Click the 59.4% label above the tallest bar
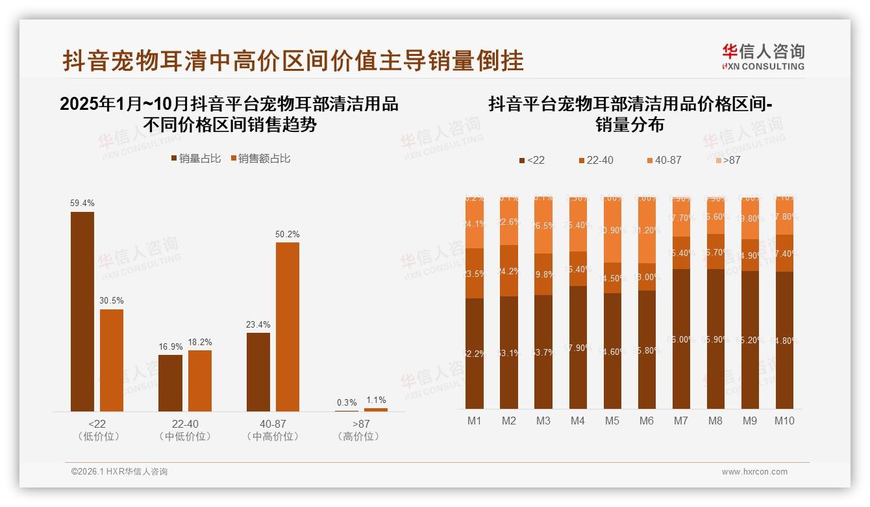click(x=82, y=203)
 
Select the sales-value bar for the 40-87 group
click(x=288, y=326)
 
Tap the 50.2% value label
click(x=288, y=234)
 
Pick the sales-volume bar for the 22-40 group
click(x=170, y=383)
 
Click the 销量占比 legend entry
click(x=195, y=159)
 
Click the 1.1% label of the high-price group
click(x=375, y=400)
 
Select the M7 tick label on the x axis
click(x=680, y=421)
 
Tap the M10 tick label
click(x=784, y=421)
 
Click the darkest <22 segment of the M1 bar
click(x=475, y=353)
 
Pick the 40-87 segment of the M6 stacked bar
click(x=647, y=230)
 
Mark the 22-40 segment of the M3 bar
click(x=543, y=274)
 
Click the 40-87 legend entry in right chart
click(x=663, y=160)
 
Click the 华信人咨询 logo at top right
click(x=763, y=57)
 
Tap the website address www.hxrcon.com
click(x=754, y=472)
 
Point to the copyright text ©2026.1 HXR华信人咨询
click(x=119, y=472)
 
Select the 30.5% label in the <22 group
click(x=112, y=301)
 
